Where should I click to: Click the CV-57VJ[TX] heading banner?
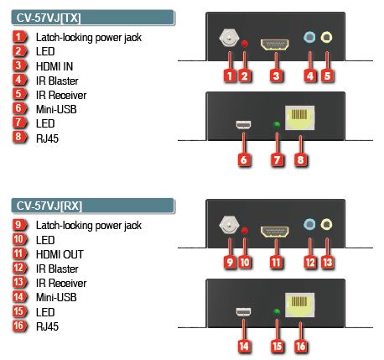click(x=92, y=18)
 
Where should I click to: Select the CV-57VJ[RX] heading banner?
click(x=92, y=206)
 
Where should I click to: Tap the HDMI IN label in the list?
click(x=54, y=66)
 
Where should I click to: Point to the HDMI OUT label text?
click(x=60, y=254)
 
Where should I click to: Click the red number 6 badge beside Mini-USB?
click(x=19, y=108)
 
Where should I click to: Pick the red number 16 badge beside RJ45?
click(x=19, y=326)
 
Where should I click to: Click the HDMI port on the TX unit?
click(x=275, y=44)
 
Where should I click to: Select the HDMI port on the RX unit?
click(x=275, y=232)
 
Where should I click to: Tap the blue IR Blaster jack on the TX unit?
click(x=309, y=37)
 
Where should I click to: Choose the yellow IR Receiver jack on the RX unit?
click(x=326, y=224)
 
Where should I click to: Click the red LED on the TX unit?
click(x=245, y=44)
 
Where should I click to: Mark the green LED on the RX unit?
click(x=277, y=312)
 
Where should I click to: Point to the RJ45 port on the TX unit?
click(x=299, y=117)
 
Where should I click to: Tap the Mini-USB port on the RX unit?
click(x=243, y=311)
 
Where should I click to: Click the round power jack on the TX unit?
click(x=230, y=38)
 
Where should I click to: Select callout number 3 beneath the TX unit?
click(x=276, y=76)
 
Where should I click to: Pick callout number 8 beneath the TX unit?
click(x=301, y=160)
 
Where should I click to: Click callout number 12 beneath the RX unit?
click(x=310, y=263)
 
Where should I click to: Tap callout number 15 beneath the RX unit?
click(x=277, y=347)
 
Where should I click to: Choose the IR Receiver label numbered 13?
click(x=61, y=283)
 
